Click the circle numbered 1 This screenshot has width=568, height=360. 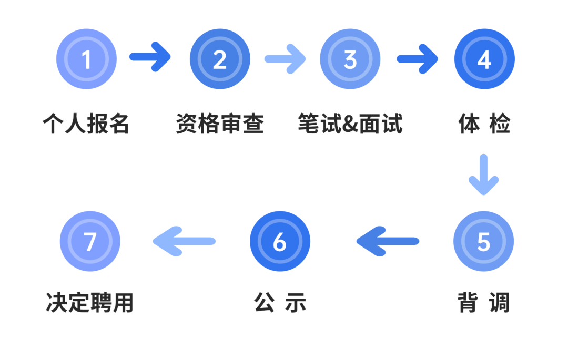[x=86, y=59]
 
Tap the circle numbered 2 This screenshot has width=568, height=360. [x=220, y=59]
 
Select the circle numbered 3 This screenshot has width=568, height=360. [x=350, y=59]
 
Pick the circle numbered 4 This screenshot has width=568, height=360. [x=484, y=59]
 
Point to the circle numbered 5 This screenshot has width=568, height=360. [x=483, y=241]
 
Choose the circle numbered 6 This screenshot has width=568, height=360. [x=280, y=241]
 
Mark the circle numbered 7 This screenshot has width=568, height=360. [x=90, y=241]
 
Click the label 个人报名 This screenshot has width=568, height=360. [x=86, y=125]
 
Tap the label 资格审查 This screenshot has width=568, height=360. [x=220, y=125]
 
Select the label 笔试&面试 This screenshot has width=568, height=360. [x=350, y=125]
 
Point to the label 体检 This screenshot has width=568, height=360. [x=484, y=125]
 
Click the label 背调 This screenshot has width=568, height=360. [x=483, y=303]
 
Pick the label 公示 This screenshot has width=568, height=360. [x=280, y=303]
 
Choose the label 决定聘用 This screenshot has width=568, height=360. [x=90, y=303]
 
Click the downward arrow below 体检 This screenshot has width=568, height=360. [x=483, y=175]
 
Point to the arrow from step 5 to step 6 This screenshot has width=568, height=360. [x=388, y=241]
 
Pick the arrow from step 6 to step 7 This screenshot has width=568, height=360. [x=184, y=241]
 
